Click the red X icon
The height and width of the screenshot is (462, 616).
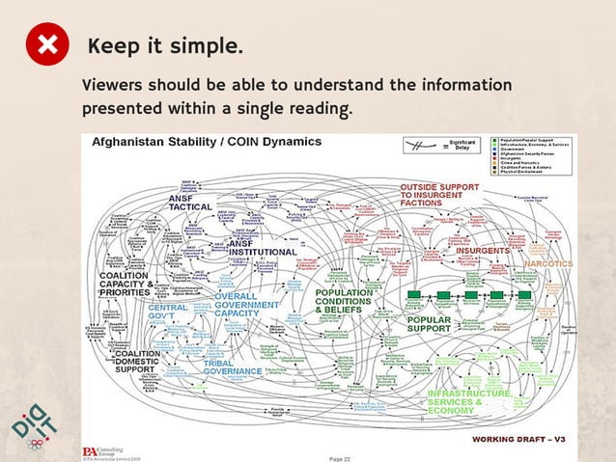pos(47,46)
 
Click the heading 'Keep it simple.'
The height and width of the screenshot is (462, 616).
pos(165,46)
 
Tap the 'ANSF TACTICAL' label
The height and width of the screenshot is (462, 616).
pos(190,202)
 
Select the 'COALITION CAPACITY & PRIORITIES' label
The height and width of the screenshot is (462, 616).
pos(125,283)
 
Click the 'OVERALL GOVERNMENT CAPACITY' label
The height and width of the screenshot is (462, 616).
pos(246,305)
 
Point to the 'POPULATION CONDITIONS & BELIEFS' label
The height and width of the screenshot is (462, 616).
pos(343,301)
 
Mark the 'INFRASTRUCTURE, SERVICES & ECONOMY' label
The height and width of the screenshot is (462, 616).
pos(468,401)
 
